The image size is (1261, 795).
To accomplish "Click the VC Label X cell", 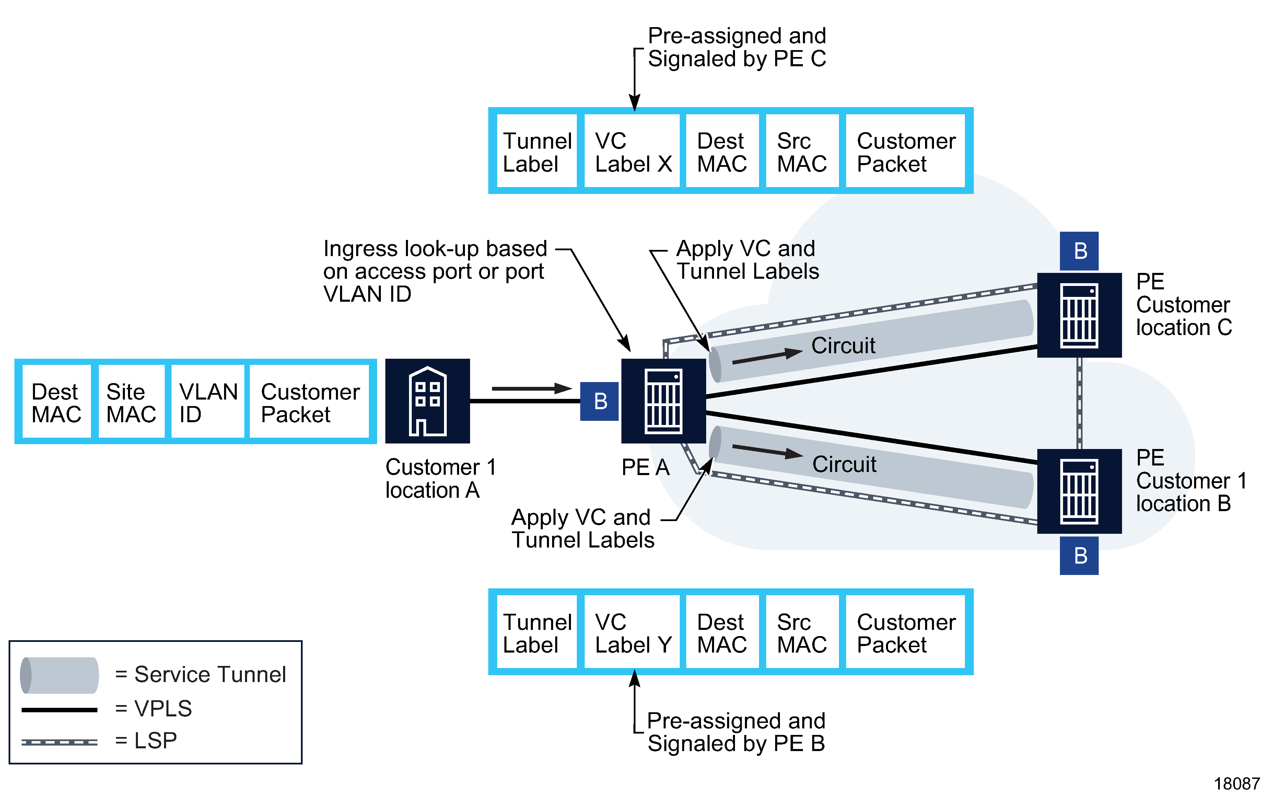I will tap(632, 152).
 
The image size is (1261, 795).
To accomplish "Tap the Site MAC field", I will tap(131, 402).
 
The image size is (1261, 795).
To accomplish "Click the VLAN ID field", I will tap(207, 402).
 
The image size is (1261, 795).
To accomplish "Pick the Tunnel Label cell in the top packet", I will tap(537, 152).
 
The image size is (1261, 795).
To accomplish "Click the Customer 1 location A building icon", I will tap(427, 401).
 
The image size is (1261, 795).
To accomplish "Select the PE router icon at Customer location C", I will tap(1079, 315).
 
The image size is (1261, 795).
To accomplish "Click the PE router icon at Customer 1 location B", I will tap(1079, 491).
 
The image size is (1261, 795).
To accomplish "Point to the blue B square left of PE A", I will tap(599, 402).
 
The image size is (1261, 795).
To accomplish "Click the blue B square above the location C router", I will tap(1079, 251).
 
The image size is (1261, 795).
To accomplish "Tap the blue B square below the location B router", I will tap(1079, 556).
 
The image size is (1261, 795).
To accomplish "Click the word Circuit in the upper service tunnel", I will tap(843, 346).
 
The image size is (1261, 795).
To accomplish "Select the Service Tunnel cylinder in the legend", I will tap(59, 675).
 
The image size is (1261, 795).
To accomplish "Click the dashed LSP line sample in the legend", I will tap(59, 742).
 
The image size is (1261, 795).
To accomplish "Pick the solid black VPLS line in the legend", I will tap(59, 710).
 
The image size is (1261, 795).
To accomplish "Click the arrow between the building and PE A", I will tap(531, 388).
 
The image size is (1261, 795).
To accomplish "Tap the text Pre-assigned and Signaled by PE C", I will tap(736, 47).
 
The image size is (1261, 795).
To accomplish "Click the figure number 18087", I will tap(1236, 783).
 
